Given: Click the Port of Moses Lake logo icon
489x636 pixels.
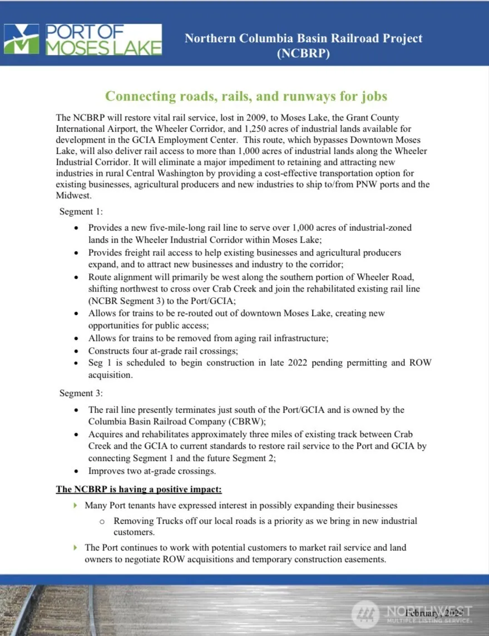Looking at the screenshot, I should pyautogui.click(x=22, y=39).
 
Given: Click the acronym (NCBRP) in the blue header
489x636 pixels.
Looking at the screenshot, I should pyautogui.click(x=303, y=53).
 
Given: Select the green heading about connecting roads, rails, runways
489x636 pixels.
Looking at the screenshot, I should pyautogui.click(x=246, y=96).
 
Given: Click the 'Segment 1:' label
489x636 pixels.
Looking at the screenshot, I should pyautogui.click(x=81, y=212).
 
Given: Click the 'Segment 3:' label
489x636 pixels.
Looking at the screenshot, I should pyautogui.click(x=81, y=393).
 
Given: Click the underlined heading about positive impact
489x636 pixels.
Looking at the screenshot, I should pyautogui.click(x=139, y=490).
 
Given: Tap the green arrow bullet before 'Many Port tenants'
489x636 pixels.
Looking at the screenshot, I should pyautogui.click(x=76, y=505).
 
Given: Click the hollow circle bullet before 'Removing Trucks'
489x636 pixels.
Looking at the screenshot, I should pyautogui.click(x=102, y=521).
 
